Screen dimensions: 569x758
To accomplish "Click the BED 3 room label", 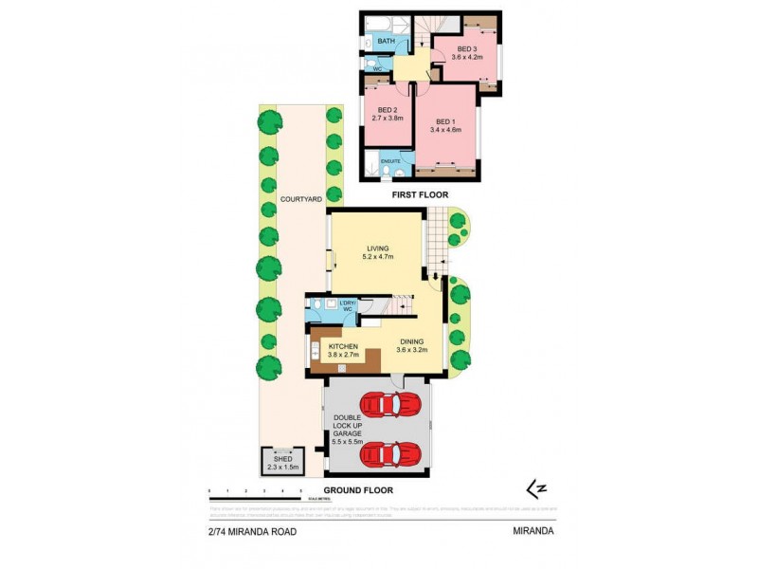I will pyautogui.click(x=465, y=49).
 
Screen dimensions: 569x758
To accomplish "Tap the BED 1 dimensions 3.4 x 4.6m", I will pyautogui.click(x=444, y=130).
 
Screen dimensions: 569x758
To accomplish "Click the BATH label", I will pyautogui.click(x=387, y=42).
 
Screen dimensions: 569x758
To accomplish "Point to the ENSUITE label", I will pyautogui.click(x=390, y=160).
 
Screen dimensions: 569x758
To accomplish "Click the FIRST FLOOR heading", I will pyautogui.click(x=421, y=195).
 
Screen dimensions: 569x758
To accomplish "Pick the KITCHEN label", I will pyautogui.click(x=343, y=347).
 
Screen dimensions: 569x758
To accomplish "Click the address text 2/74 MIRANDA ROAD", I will pyautogui.click(x=253, y=532).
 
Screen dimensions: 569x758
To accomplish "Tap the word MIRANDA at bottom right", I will pyautogui.click(x=532, y=532).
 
